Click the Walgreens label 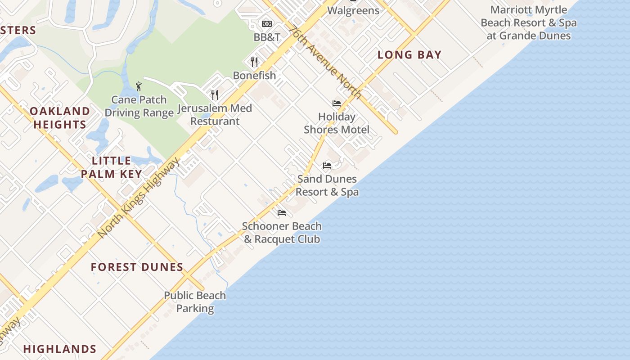[353, 10]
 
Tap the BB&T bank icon [267, 24]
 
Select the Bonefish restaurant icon [254, 62]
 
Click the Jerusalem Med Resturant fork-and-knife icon [215, 94]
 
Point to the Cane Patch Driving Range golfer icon [139, 86]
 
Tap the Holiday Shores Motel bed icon [336, 103]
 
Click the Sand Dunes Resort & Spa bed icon [327, 166]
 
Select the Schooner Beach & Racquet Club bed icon [282, 212]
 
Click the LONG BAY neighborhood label [409, 55]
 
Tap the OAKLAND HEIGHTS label [60, 118]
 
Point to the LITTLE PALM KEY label [112, 167]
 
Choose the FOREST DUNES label [137, 267]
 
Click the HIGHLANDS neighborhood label [60, 349]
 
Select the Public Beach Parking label [195, 302]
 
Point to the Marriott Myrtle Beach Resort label [529, 23]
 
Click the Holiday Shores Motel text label [337, 123]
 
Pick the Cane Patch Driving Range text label [139, 106]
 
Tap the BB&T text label [267, 37]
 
